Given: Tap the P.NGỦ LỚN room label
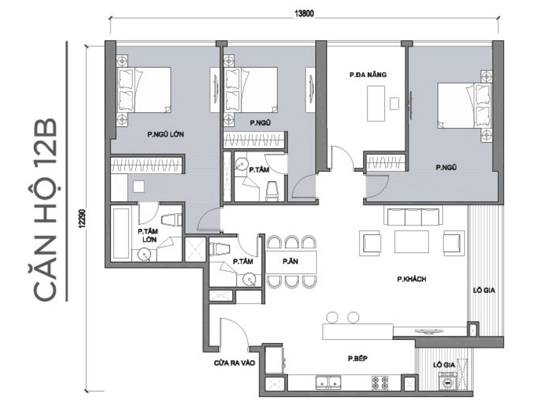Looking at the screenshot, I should click(x=166, y=135).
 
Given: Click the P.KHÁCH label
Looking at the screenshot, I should click(x=411, y=279).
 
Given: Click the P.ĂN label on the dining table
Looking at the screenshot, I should click(x=290, y=261).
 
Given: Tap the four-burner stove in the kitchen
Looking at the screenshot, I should click(x=380, y=382).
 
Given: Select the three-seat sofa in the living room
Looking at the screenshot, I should click(x=413, y=217).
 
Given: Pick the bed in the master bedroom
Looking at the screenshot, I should click(x=145, y=91).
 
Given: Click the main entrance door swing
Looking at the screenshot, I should click(x=234, y=333).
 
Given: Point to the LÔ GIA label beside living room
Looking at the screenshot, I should click(x=485, y=290).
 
